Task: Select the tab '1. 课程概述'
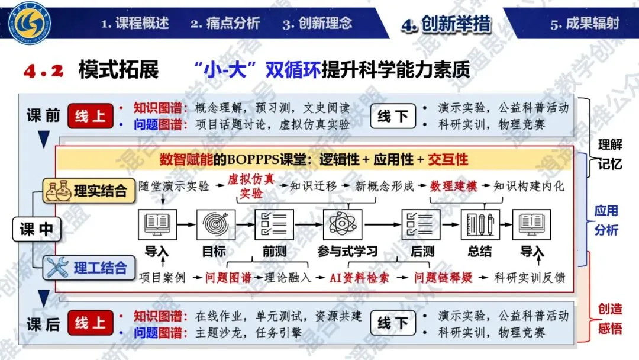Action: coord(135,24)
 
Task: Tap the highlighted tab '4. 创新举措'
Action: coord(446,24)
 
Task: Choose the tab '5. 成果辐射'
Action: coord(585,24)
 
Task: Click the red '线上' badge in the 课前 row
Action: coord(90,116)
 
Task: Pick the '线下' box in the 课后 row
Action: coord(393,323)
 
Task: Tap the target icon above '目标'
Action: coord(214,224)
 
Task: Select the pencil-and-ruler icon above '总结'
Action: coord(480,224)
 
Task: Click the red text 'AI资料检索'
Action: coord(359,277)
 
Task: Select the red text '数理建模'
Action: coord(454,186)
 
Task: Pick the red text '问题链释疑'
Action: coord(443,277)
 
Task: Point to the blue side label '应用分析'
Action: coord(606,220)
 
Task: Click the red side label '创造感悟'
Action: coord(609,319)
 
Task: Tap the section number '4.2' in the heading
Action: coord(43,71)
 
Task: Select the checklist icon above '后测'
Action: coord(421,224)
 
